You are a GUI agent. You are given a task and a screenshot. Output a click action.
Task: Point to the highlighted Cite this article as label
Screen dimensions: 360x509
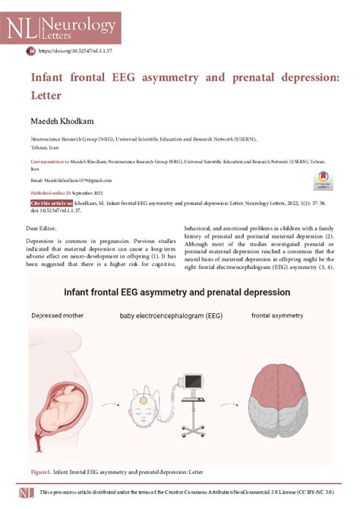pos(52,204)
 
